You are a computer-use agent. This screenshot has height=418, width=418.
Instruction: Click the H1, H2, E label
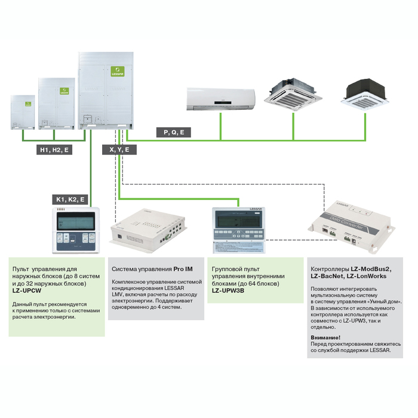coord(54,150)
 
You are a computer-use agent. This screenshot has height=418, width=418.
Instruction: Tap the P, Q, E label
coord(173,132)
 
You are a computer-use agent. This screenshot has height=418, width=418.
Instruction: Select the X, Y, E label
coord(119,150)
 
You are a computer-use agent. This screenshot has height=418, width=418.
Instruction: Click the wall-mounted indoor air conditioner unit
coord(220,99)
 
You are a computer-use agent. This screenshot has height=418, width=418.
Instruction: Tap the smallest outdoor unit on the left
coord(23,112)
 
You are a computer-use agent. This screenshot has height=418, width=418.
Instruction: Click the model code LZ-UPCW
coord(26,291)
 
